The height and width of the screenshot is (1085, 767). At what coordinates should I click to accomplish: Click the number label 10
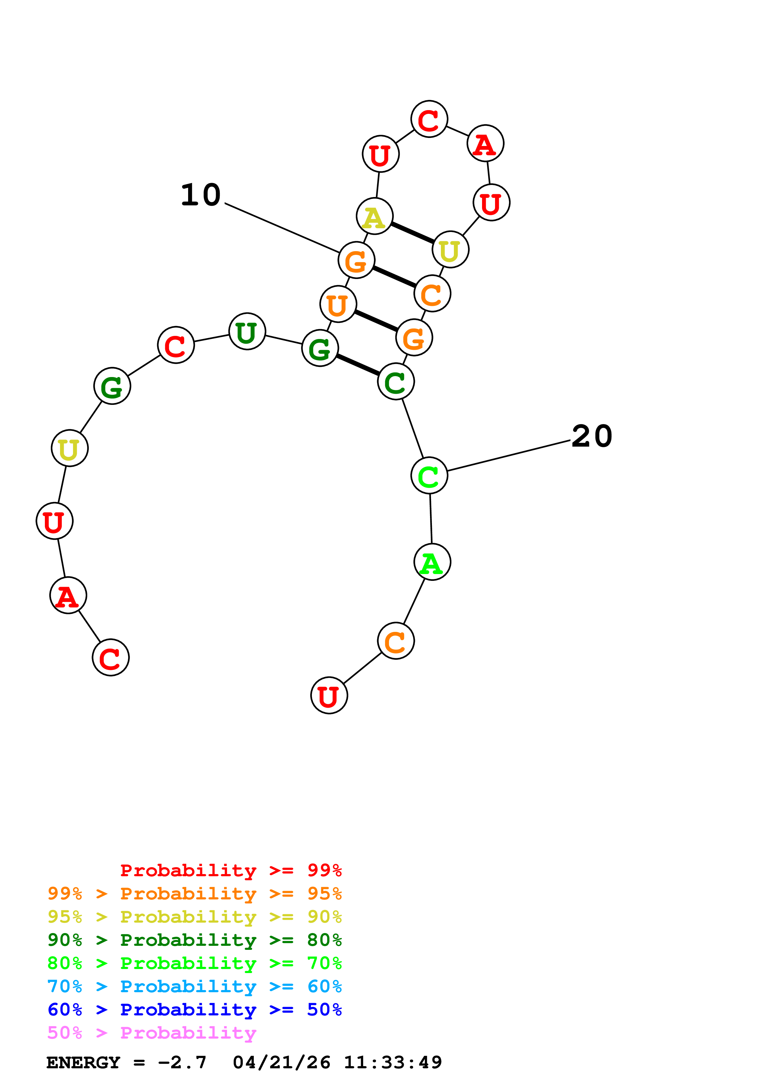(x=201, y=195)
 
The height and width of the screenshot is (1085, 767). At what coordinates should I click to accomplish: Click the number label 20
(x=592, y=436)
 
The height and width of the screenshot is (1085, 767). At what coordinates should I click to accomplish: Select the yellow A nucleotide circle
(x=374, y=217)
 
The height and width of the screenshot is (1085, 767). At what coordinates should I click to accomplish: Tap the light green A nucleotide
(x=432, y=562)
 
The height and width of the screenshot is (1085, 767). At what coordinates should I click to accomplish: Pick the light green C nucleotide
(x=429, y=475)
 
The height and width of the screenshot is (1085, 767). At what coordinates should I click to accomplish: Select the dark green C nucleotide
(x=396, y=381)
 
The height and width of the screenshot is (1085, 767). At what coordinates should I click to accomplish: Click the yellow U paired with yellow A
(x=450, y=250)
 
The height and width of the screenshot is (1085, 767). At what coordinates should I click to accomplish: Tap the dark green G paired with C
(x=320, y=348)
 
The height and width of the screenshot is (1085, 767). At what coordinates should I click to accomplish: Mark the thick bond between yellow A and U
(x=412, y=233)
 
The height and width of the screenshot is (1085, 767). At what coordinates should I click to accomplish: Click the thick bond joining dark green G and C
(x=358, y=365)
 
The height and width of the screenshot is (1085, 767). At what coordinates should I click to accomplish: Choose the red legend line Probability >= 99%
(x=231, y=870)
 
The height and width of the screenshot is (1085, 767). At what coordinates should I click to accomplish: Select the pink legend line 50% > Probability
(x=152, y=1033)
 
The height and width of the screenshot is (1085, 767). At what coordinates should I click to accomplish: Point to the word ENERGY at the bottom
(x=83, y=1063)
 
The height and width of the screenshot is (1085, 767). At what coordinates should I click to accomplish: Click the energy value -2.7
(x=183, y=1063)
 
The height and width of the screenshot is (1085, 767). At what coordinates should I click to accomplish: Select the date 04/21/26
(x=282, y=1063)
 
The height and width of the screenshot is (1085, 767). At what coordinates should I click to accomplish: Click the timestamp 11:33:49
(x=393, y=1063)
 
